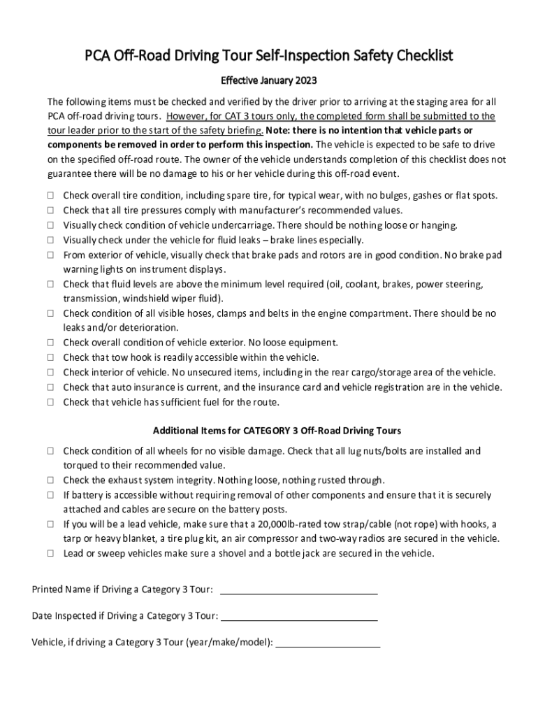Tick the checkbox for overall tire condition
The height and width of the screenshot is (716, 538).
52,196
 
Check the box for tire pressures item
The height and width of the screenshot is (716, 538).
52,210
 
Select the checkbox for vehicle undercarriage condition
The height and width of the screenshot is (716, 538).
52,225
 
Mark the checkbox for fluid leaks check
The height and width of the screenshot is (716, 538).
52,240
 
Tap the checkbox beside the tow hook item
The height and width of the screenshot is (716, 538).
52,357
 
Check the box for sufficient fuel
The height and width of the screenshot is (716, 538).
52,402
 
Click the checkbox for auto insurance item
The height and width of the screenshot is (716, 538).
52,387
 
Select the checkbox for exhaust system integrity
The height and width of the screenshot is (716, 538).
52,480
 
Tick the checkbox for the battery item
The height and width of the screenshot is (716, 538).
52,495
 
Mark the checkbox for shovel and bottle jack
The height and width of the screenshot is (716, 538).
52,553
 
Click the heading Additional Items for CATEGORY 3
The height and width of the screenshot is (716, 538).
277,431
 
